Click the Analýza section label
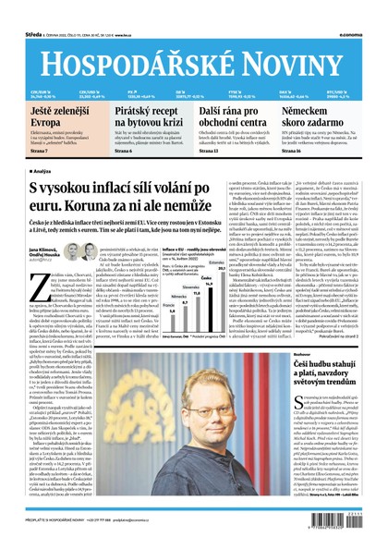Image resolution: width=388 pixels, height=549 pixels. (42, 171)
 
